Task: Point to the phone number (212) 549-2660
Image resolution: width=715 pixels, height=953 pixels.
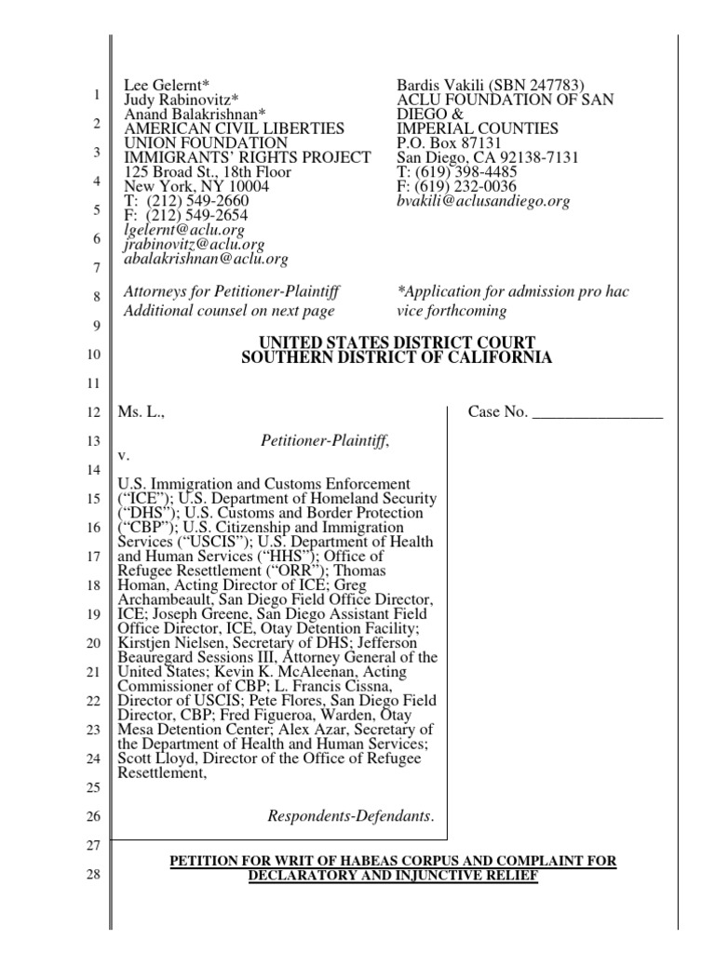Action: [x=196, y=201]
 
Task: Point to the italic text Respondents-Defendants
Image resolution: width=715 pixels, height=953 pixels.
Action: [x=350, y=816]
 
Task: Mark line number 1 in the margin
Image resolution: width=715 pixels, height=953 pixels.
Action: [x=97, y=95]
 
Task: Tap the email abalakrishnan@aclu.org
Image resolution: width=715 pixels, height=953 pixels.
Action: [x=206, y=259]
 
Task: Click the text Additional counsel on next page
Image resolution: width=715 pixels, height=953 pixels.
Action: [x=230, y=311]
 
